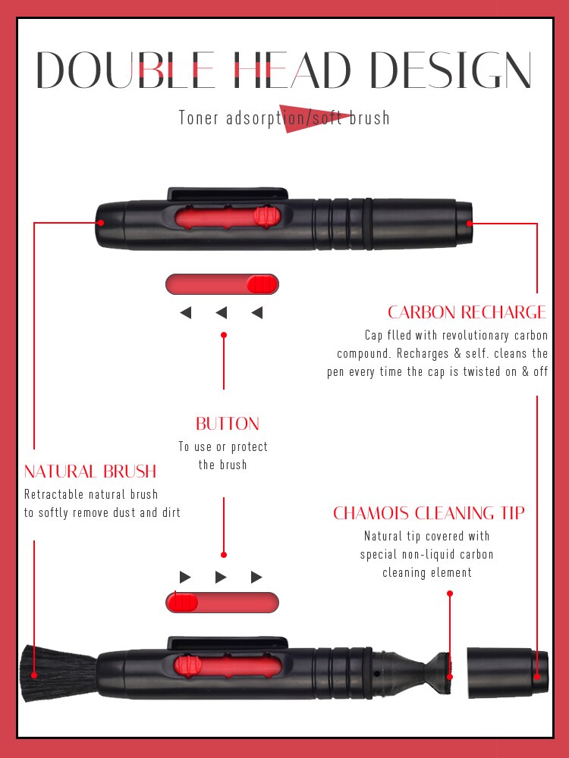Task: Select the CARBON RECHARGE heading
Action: pos(467,312)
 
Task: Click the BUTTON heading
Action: pos(228,424)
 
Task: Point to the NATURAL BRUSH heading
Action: pos(90,471)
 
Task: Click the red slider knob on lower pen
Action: pos(187,666)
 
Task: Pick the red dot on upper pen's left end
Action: pos(100,223)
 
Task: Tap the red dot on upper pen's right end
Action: pos(470,223)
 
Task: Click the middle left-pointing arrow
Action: pos(222,312)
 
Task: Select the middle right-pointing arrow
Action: pos(221,578)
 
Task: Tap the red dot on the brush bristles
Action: pos(33,674)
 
